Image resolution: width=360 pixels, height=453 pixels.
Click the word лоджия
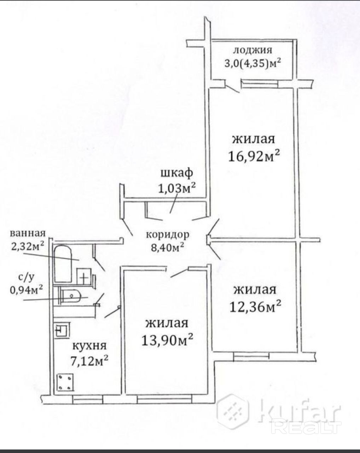point(253,51)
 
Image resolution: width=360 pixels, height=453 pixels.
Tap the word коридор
point(168,234)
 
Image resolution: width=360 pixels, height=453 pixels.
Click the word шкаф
point(176,173)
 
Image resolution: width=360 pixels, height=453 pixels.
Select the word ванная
point(28,233)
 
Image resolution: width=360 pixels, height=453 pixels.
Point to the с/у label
point(26,278)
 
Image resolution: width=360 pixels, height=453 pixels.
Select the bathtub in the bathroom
point(63,264)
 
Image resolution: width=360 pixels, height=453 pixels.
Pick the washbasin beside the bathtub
point(84,276)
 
